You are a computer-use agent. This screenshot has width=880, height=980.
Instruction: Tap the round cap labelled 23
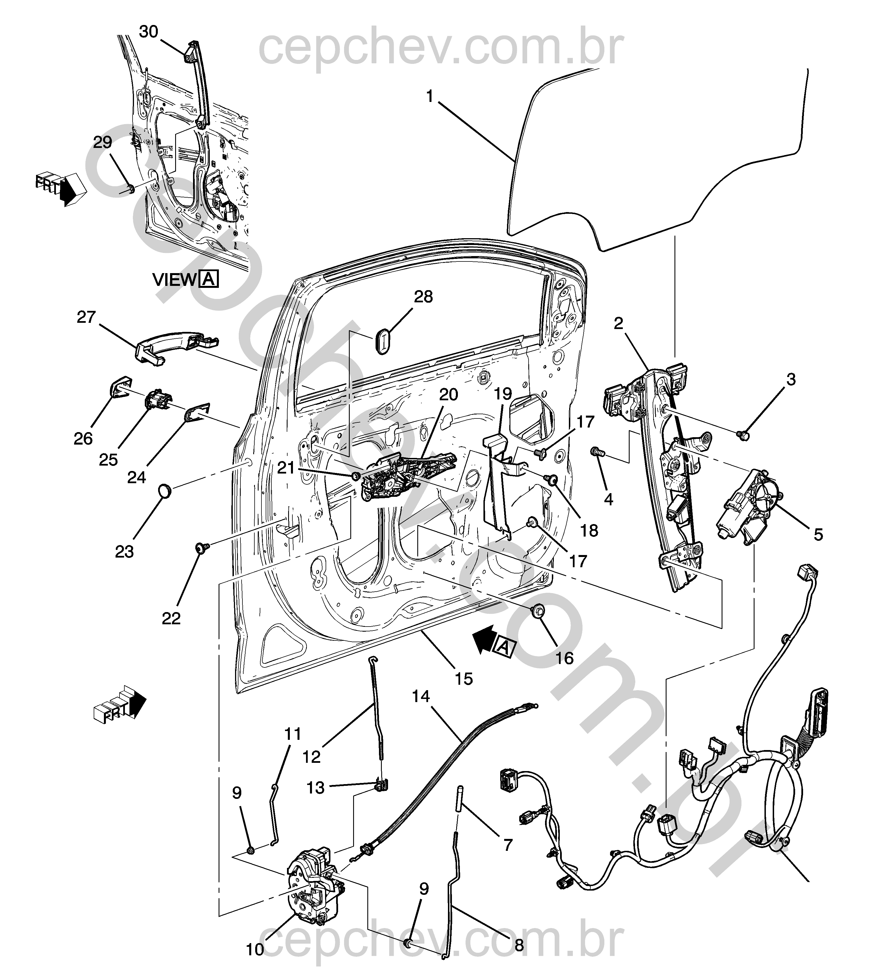[165, 491]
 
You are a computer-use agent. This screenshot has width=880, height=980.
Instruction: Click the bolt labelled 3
[744, 435]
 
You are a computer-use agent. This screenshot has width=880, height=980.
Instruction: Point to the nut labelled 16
[537, 611]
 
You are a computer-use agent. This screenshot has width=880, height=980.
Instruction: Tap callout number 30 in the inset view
[149, 32]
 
